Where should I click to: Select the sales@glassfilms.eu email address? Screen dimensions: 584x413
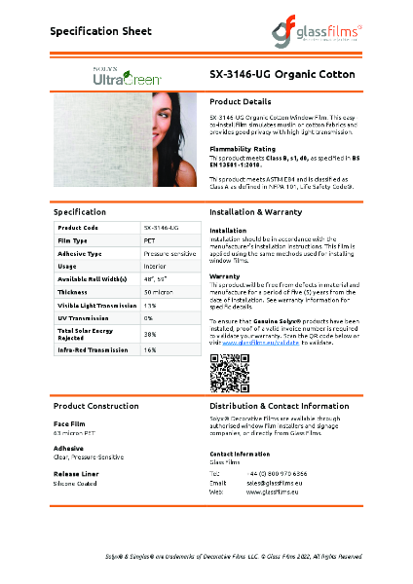point(274,483)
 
